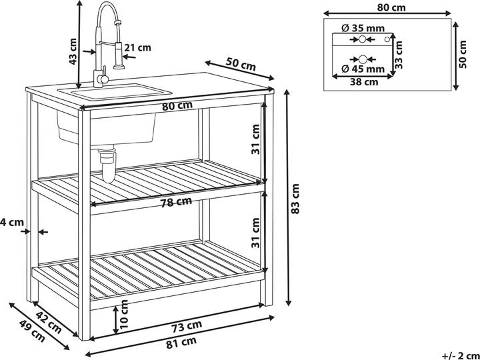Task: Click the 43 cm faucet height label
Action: point(73,51)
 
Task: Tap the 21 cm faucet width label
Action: point(138,48)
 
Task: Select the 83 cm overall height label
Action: point(295,199)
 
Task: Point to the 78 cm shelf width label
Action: point(176,202)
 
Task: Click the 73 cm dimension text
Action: point(186,326)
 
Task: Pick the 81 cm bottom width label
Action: point(181,343)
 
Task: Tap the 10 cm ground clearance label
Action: point(124,315)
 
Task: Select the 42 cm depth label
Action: point(49,322)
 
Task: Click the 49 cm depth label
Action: point(33,331)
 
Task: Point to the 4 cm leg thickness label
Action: point(12,222)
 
